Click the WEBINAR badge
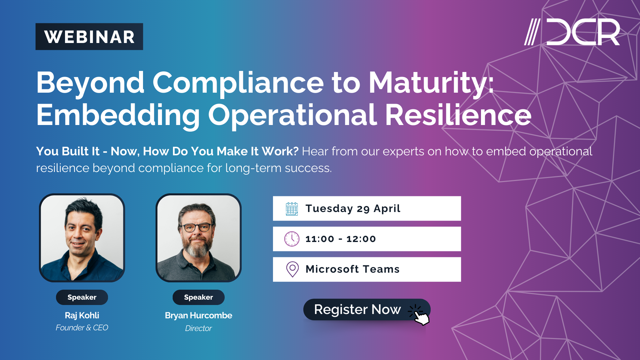(x=89, y=37)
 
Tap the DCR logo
(x=572, y=32)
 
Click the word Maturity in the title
(x=430, y=83)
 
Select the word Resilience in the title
(x=458, y=115)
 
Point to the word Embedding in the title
(x=118, y=115)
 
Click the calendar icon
(x=292, y=209)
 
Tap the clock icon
(x=292, y=239)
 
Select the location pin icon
(x=292, y=269)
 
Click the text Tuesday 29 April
(x=353, y=209)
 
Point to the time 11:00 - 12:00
(x=340, y=239)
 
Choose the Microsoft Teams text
(x=352, y=269)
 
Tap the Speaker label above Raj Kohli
(x=82, y=297)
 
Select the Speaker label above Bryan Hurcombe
(x=198, y=297)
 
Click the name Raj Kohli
(x=82, y=315)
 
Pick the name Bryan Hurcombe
(x=198, y=315)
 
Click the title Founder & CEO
(x=82, y=328)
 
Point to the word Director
(x=198, y=328)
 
